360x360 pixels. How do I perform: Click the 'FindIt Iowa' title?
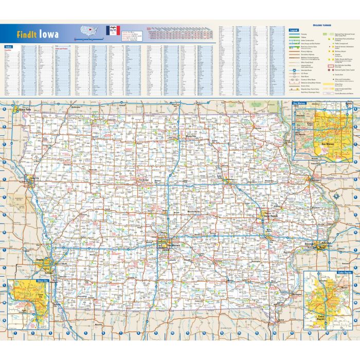pos(37,34)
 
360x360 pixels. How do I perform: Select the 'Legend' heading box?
pos(294,30)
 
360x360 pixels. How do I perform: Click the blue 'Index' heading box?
pos(8,47)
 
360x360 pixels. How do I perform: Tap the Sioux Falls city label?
pos(25,109)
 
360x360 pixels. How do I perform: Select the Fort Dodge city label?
pos(145,179)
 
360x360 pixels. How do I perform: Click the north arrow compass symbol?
pos(336,196)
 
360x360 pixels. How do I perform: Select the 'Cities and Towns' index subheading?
pos(62,49)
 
